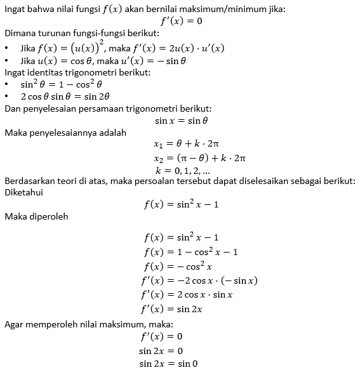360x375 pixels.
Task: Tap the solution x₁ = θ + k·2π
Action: pyautogui.click(x=199, y=145)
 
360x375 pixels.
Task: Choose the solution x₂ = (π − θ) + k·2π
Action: pyautogui.click(x=199, y=157)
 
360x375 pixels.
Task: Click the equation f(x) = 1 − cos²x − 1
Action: pyautogui.click(x=190, y=251)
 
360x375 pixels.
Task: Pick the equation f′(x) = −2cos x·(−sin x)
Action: pyautogui.click(x=199, y=280)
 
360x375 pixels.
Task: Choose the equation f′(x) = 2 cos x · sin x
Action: pyautogui.click(x=187, y=295)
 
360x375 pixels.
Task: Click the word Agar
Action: pyautogui.click(x=15, y=324)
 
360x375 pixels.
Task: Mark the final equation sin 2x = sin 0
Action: pyautogui.click(x=168, y=364)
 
